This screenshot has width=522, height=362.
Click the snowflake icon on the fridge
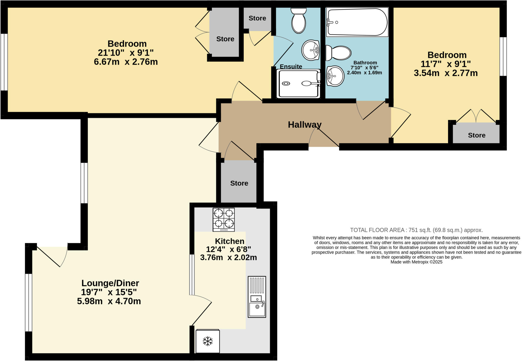(207, 341)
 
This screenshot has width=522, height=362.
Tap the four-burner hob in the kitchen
(224, 220)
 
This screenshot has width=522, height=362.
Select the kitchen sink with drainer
(257, 297)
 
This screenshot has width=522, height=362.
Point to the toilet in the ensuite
(298, 21)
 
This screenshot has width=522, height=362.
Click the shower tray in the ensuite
(298, 84)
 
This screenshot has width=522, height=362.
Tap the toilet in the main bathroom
(339, 53)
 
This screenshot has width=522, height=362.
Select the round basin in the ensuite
(310, 50)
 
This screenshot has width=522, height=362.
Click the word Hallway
(305, 125)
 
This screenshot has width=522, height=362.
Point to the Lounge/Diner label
(110, 283)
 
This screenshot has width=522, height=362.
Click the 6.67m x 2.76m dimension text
(126, 62)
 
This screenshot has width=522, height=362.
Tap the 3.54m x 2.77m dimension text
(446, 73)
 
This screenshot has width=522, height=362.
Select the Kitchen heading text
(229, 241)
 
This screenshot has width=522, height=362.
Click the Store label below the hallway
(239, 183)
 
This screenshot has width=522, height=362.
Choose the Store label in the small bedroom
(476, 135)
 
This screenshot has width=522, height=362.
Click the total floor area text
(416, 230)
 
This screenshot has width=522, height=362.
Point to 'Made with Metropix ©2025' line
(416, 262)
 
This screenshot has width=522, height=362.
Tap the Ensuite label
(291, 66)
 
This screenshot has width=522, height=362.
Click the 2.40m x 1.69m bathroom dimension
(364, 73)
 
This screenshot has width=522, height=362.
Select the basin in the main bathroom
(335, 76)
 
